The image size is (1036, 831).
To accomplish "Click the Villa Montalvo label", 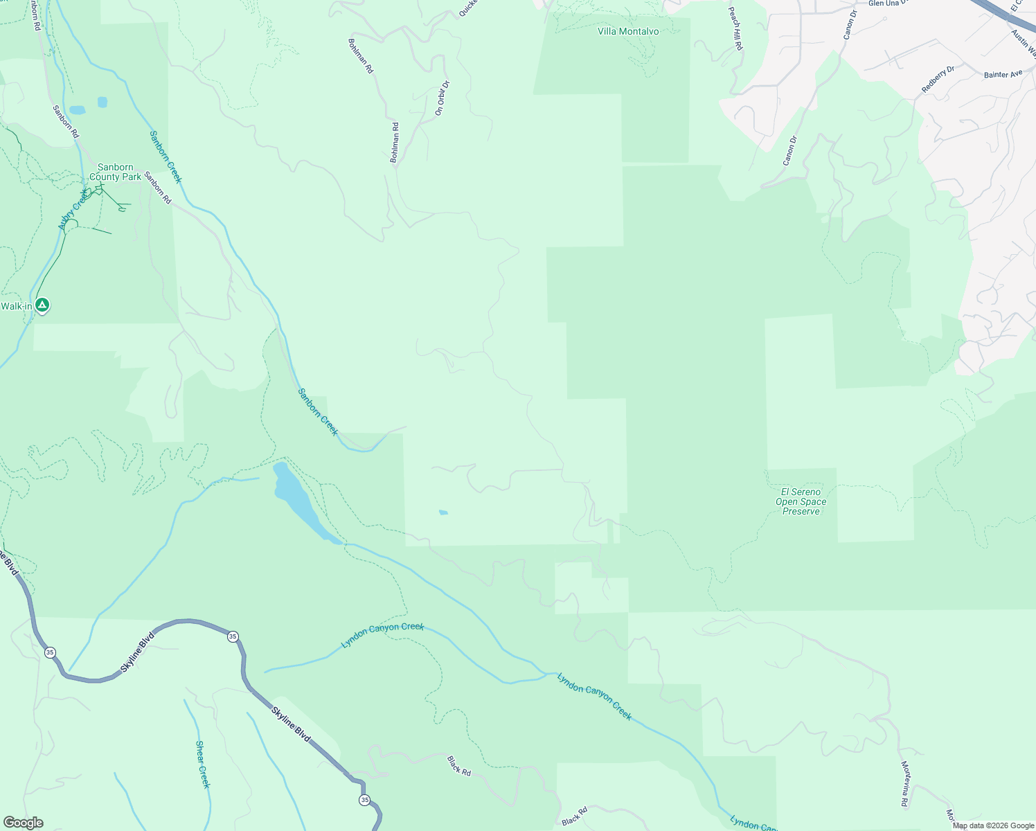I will (628, 32).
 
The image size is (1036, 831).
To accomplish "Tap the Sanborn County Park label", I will (115, 172).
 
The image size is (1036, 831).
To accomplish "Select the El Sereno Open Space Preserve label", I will (801, 501).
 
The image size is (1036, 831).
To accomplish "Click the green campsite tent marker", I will (42, 305).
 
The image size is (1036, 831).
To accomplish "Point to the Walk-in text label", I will (15, 306).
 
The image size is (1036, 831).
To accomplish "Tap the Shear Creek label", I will (202, 765).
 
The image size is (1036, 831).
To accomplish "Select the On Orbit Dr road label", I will (442, 98).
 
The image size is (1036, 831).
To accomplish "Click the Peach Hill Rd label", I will (735, 28).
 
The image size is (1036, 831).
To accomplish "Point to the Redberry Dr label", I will (938, 80).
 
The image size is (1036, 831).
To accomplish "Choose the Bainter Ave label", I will (1003, 74).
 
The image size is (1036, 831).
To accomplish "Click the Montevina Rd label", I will (904, 784).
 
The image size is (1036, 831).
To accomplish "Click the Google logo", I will (23, 823).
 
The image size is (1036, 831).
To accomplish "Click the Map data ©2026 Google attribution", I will (993, 825).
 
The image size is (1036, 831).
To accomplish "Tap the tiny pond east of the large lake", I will (443, 512).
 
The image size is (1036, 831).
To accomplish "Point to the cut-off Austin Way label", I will (1023, 43).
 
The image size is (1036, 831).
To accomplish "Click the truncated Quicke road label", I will (468, 8).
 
